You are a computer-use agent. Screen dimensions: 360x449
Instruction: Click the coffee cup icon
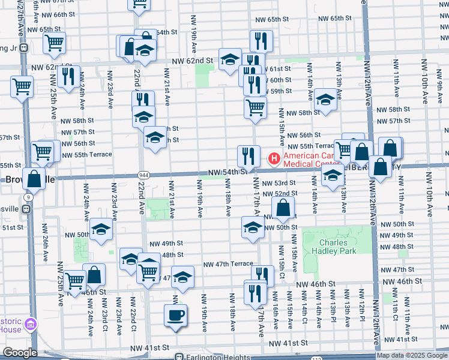175,316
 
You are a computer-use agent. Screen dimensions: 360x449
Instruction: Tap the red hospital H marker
273,159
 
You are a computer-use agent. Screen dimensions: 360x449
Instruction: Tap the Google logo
20,353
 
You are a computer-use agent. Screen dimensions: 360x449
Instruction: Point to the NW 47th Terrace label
228,264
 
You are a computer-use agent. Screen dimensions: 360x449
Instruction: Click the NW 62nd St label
192,61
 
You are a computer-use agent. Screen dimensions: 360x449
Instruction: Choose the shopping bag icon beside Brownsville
34,178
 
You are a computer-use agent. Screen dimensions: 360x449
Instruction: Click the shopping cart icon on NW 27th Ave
22,86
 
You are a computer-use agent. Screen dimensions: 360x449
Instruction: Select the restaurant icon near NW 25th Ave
67,76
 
